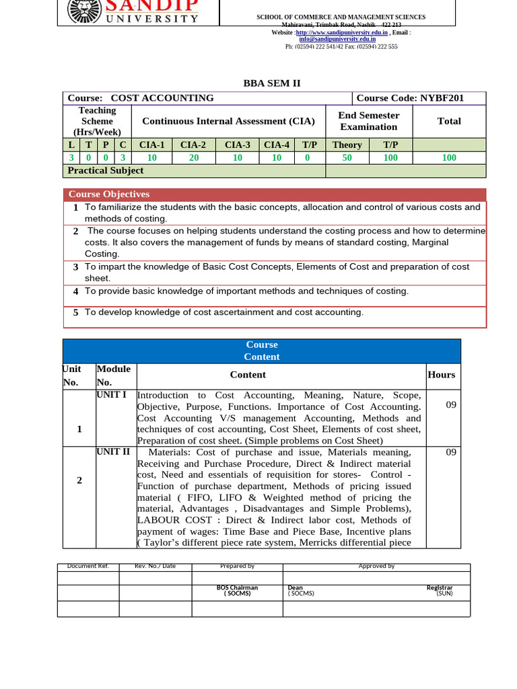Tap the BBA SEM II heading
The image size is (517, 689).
[x=271, y=83]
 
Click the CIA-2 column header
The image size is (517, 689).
[x=193, y=145]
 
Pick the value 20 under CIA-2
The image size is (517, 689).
[x=193, y=157]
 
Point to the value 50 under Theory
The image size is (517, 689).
[x=347, y=157]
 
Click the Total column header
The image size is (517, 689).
[x=449, y=121]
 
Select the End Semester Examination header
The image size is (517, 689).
[x=368, y=121]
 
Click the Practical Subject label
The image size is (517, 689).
[x=105, y=171]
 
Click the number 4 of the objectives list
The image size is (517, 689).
[x=76, y=291]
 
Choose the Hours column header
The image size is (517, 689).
[x=441, y=375]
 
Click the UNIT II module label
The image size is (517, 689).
[x=113, y=451]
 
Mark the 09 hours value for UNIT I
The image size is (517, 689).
[x=451, y=404]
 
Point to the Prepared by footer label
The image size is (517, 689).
[x=237, y=567]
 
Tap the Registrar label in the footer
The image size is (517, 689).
[x=440, y=588]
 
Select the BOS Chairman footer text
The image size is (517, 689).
[x=237, y=588]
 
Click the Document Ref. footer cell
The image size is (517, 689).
[x=88, y=567]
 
